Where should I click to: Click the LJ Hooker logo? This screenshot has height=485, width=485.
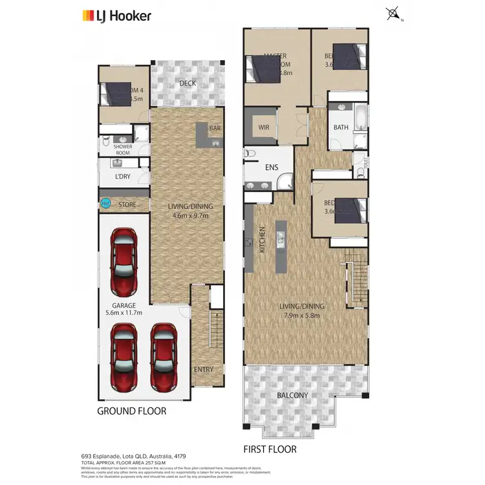(x=116, y=16)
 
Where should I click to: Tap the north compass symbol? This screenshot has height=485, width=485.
(x=392, y=13)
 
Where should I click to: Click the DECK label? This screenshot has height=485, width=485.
(x=188, y=83)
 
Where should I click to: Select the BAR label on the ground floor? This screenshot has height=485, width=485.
(x=214, y=129)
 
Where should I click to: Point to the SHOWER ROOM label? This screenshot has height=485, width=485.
(x=123, y=149)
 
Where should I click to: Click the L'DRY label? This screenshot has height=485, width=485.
(x=123, y=177)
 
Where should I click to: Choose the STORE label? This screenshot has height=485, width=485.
(x=127, y=204)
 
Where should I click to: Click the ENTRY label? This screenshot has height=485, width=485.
(x=203, y=369)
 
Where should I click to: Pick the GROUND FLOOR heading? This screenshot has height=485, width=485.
(x=131, y=411)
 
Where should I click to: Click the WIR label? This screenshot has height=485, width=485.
(x=263, y=127)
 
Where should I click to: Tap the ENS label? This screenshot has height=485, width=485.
(x=272, y=167)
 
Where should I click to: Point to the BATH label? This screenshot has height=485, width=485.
(x=341, y=127)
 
